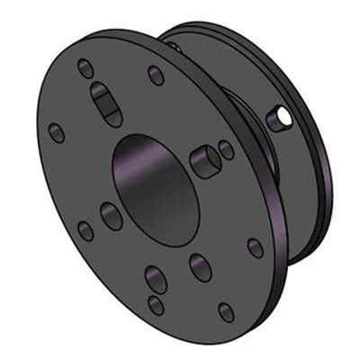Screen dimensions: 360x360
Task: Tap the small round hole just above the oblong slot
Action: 85,67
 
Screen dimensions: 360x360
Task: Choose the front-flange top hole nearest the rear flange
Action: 156,75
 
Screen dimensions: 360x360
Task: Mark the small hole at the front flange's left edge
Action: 57,133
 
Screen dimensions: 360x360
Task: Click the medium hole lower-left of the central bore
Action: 112,215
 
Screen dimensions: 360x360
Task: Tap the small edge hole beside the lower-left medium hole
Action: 85,230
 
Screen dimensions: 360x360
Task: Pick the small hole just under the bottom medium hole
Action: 157,304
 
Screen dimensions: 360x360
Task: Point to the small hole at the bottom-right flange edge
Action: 226,311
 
